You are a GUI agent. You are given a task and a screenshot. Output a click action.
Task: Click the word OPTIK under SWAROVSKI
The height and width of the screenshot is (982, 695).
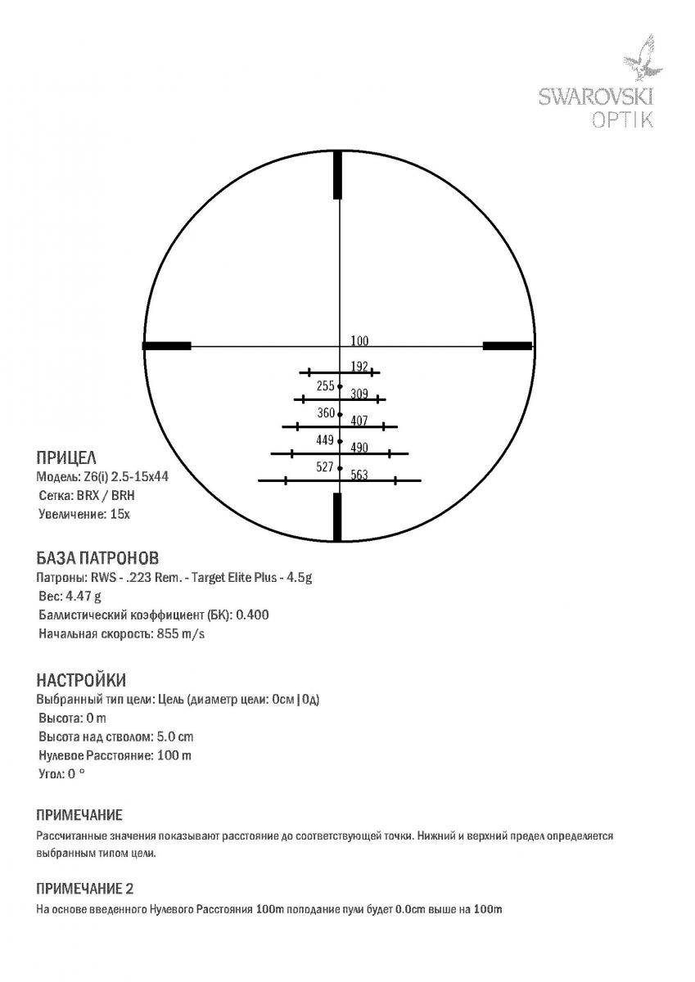coord(623,119)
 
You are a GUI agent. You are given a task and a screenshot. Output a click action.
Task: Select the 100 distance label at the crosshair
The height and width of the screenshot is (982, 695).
coord(359,340)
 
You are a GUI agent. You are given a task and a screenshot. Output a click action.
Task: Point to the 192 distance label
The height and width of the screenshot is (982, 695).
coord(359,367)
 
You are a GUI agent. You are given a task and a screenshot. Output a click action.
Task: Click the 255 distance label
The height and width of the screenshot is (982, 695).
coord(325,385)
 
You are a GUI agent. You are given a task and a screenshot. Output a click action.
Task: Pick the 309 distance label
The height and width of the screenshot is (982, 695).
coord(359,394)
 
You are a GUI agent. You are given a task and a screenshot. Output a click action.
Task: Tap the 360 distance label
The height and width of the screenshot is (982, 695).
coord(326,413)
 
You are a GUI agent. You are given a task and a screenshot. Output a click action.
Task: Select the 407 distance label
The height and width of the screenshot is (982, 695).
coord(359,421)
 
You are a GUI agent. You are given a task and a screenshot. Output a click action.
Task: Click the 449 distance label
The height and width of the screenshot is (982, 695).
coord(325,440)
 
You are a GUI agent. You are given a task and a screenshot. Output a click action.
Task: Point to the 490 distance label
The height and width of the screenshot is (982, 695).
coord(359,448)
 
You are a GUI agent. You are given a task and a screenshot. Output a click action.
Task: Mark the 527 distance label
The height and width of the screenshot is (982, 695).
coord(325,467)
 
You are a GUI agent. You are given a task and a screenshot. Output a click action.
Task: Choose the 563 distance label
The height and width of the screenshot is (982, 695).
coord(359,475)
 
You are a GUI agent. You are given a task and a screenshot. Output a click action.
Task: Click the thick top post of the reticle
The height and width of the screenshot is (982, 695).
coord(337,176)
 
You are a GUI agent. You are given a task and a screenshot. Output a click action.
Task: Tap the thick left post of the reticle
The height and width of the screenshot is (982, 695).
coord(167,346)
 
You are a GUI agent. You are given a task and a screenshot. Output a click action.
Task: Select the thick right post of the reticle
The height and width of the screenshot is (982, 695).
coord(508,346)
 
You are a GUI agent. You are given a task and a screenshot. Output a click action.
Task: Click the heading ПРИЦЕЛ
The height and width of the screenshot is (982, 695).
coord(67,457)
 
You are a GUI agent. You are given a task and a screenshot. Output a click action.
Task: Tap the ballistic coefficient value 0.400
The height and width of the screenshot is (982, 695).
coord(253,615)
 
